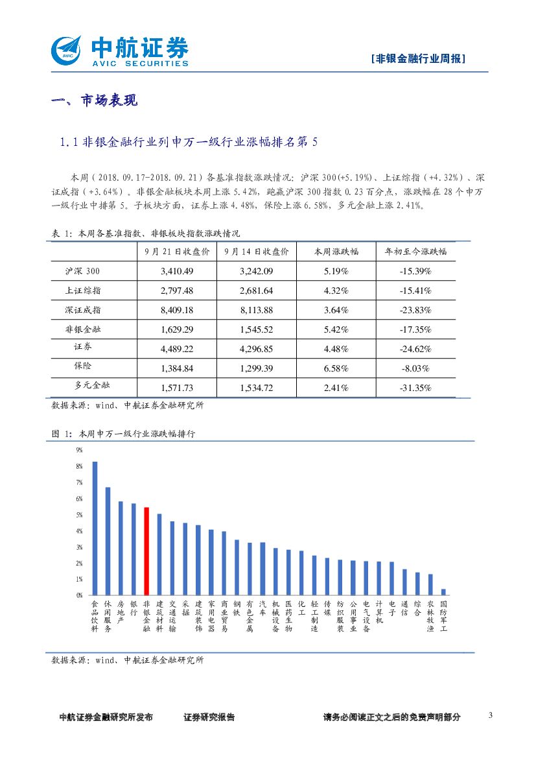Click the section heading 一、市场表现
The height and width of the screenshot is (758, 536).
coord(94,101)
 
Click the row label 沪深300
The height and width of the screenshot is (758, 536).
coord(83,271)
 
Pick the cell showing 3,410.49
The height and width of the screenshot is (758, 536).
coord(177,271)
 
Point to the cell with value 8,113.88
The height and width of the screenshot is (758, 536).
coord(256,310)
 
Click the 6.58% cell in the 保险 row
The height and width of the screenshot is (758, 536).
coord(336,368)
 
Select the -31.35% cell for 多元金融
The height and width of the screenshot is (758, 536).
coord(415,388)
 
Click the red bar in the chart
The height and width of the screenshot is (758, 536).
coord(146,551)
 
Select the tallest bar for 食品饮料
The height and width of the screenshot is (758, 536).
coord(95,528)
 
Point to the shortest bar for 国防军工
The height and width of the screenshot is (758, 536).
coord(443,591)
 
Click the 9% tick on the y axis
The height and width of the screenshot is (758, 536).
coord(79,450)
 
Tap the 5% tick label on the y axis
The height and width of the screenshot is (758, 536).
coord(79,515)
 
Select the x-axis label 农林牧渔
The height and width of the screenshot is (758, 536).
coord(430,616)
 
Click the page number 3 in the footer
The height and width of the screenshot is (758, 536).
coord(490,715)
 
